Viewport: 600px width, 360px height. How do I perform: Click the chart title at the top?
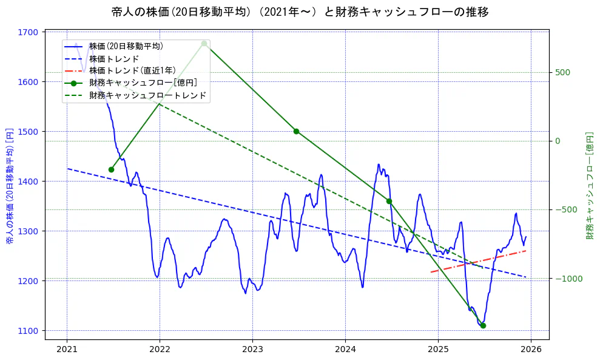point(300,12)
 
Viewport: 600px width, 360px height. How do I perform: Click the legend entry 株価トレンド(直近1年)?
point(132,70)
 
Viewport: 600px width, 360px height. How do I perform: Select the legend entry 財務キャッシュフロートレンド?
point(147,95)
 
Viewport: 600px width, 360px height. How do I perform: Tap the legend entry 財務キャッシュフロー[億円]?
point(143,83)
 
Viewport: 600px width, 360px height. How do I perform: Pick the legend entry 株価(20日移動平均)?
point(126,46)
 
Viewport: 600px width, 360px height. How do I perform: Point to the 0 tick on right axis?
point(559,141)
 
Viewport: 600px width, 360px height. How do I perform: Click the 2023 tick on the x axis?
point(252,350)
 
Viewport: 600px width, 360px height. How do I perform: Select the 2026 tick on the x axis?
point(531,350)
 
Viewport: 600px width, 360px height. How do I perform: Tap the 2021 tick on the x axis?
point(67,350)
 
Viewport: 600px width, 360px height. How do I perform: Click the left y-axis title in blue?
point(10,186)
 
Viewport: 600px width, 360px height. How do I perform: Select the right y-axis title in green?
point(589,186)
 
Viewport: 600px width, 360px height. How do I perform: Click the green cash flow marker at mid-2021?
point(111,169)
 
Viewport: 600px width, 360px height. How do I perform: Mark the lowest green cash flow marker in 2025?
point(483,325)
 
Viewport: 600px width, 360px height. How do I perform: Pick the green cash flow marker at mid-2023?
point(296,131)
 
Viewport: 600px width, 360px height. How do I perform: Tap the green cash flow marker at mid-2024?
point(389,201)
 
